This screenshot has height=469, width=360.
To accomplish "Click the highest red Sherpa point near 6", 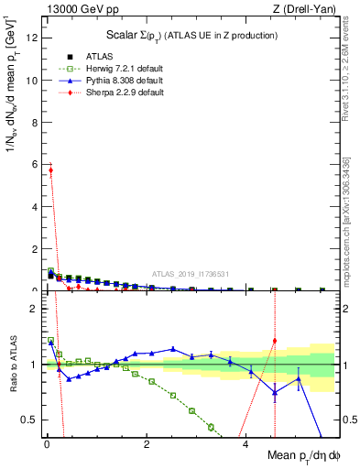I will tap(51, 169).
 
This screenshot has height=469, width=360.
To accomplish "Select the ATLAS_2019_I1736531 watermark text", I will tap(190, 273).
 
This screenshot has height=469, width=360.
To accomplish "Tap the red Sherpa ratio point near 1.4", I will tap(275, 341).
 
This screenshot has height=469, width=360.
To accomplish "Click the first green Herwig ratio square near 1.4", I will tap(51, 341).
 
